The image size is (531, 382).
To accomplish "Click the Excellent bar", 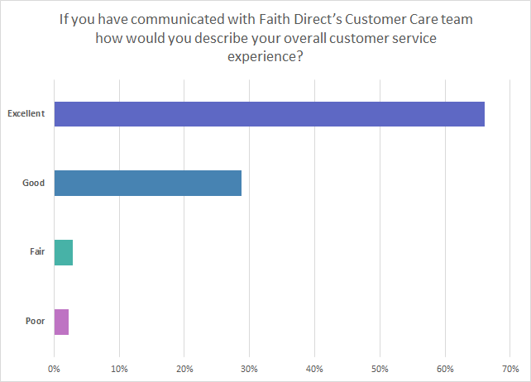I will [x=269, y=114].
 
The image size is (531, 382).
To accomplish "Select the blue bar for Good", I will [x=147, y=183].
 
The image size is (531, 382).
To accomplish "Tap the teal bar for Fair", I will [x=64, y=252].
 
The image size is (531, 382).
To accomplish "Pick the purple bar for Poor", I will [x=61, y=322].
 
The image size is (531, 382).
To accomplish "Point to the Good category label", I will [x=33, y=183].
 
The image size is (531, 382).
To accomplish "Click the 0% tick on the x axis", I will [x=55, y=368].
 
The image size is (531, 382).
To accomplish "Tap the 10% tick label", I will [x=119, y=368].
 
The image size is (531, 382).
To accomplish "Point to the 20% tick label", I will [x=184, y=368].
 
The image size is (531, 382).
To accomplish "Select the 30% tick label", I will [x=250, y=368].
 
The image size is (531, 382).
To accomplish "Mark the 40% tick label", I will [x=315, y=368].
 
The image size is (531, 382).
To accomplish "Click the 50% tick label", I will [x=380, y=368].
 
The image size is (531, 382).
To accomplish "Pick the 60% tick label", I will [x=445, y=368].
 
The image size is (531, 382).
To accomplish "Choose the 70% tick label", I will [x=510, y=368].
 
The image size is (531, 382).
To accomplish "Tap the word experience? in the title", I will [x=265, y=57].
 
